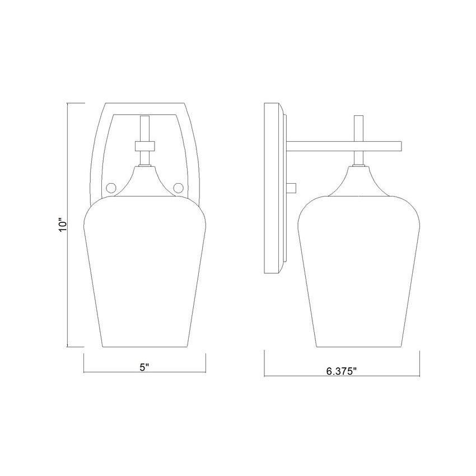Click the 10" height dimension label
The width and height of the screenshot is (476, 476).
[63, 225]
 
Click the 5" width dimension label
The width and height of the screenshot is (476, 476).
[144, 367]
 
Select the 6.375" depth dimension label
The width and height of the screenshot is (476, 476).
[341, 371]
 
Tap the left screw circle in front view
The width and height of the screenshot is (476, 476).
[110, 187]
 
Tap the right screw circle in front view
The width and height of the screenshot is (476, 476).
[179, 187]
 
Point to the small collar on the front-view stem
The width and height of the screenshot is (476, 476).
[144, 146]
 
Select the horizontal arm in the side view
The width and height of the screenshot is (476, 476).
[344, 146]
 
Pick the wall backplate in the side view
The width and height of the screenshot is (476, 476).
[272, 189]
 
